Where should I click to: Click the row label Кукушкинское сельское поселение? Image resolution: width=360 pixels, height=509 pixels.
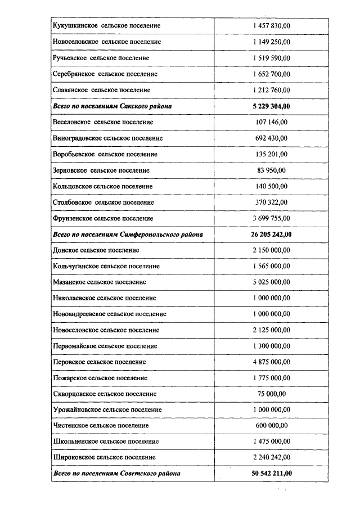[106, 26]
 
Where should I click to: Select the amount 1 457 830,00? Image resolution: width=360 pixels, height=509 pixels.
[272, 26]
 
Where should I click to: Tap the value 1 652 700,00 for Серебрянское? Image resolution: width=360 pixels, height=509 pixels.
[272, 74]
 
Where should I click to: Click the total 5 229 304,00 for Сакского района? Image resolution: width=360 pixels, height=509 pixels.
[272, 106]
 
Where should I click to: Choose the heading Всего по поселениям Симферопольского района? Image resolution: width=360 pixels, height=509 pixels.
[128, 234]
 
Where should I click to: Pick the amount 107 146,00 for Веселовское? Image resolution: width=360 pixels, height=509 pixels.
[272, 122]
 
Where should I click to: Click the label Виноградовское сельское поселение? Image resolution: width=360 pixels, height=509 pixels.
[107, 138]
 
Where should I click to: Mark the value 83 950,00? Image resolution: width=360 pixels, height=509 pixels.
[272, 170]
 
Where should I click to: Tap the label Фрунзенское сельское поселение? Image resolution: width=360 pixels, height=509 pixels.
[102, 218]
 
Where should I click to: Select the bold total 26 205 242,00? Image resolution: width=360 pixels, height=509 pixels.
[272, 234]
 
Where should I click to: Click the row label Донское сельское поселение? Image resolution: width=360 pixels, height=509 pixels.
[96, 250]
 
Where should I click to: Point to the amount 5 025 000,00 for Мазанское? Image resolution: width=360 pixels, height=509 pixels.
[272, 282]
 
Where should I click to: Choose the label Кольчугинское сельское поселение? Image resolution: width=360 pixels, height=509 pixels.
[106, 266]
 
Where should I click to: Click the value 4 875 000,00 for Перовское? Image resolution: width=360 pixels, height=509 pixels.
[272, 362]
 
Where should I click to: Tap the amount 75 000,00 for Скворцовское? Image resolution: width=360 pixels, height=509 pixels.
[272, 394]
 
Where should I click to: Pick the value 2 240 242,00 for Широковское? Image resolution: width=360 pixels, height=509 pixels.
[272, 458]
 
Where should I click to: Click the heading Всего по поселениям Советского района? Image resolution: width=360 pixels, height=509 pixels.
[116, 474]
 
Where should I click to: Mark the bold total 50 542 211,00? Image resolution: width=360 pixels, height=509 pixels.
[272, 474]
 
